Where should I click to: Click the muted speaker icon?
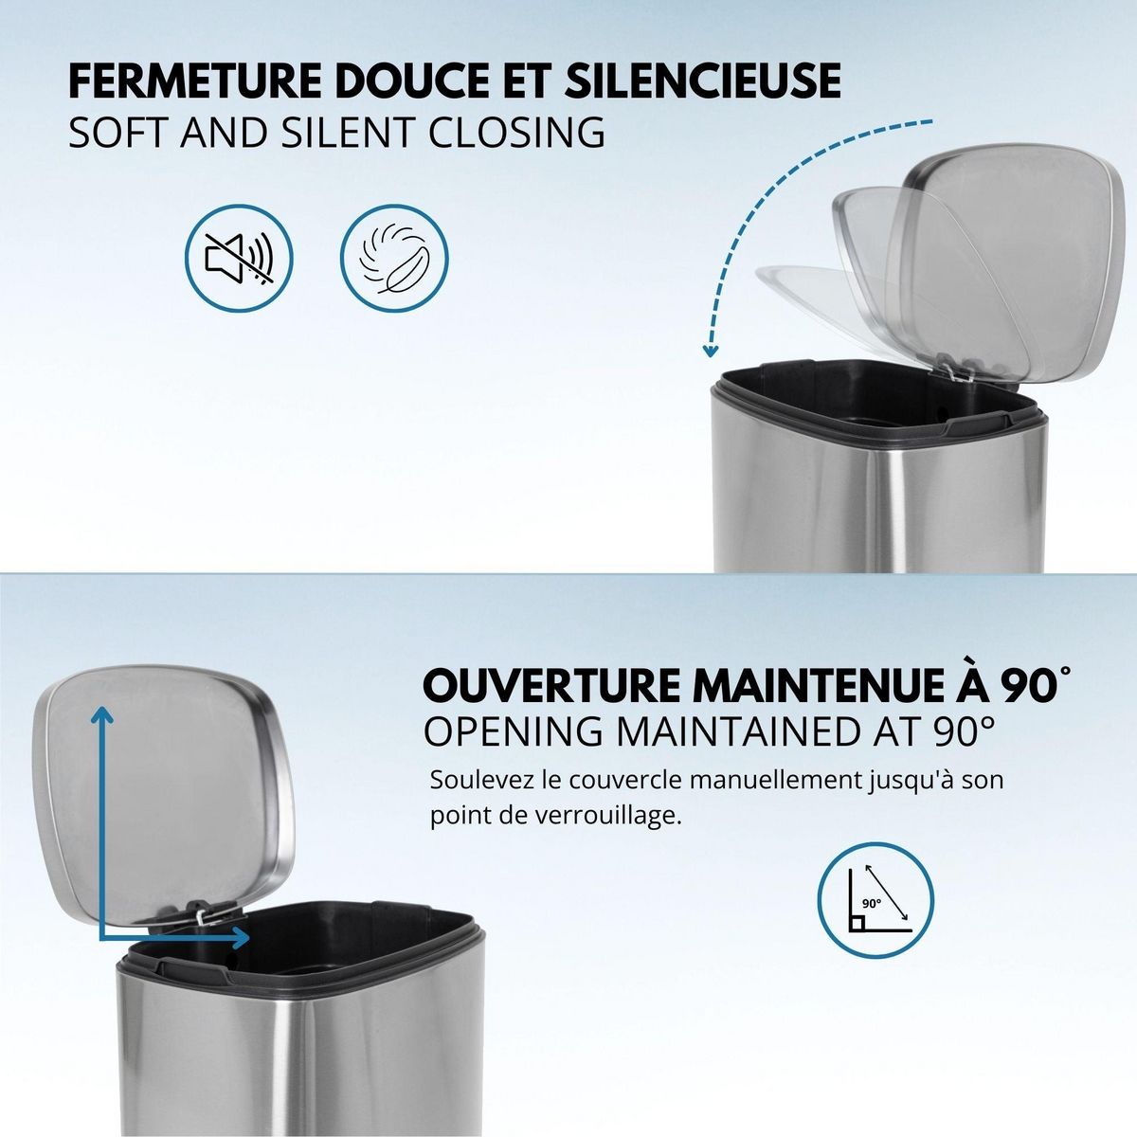239,257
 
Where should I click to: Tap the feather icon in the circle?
394,257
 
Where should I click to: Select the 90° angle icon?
875,897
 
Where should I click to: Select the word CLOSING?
518,132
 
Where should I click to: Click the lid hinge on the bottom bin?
203,912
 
